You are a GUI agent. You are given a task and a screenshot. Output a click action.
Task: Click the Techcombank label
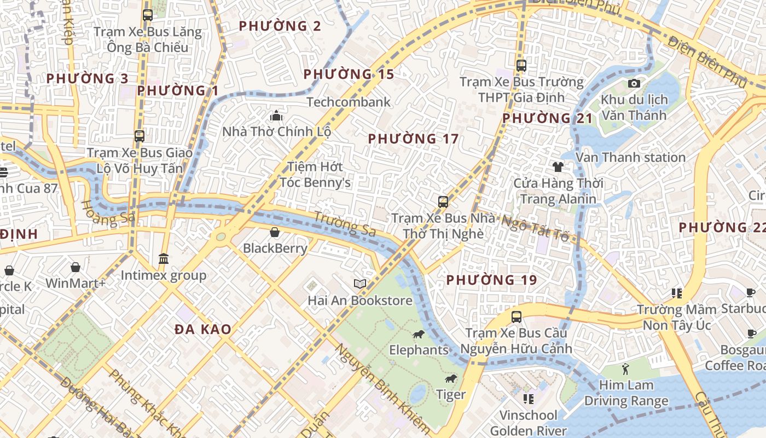tap(349, 102)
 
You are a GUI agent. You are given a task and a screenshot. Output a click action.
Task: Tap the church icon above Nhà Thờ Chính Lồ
tap(276, 116)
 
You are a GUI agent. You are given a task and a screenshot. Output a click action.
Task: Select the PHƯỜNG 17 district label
tap(413, 139)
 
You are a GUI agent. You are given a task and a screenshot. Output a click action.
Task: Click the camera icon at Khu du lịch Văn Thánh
tap(634, 84)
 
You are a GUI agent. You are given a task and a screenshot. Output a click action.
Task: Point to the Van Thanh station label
tap(630, 158)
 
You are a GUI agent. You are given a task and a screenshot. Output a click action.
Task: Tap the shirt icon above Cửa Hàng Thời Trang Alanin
tap(558, 166)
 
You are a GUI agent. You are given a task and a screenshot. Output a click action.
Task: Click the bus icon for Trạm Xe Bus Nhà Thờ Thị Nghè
tap(443, 202)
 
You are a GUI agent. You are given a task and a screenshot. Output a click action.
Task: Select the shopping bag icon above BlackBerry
tap(275, 232)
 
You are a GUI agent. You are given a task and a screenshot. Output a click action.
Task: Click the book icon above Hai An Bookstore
tap(359, 284)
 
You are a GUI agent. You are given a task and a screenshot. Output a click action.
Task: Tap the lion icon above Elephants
tap(419, 334)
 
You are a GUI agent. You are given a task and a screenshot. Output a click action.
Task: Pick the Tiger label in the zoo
tap(451, 394)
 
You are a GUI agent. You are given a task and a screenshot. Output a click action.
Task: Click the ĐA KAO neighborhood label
tap(203, 330)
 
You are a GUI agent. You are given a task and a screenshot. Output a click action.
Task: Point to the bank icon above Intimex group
tap(163, 258)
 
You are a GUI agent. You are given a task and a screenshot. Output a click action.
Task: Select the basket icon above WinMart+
tap(76, 267)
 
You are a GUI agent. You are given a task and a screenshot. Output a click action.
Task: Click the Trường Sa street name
tap(345, 224)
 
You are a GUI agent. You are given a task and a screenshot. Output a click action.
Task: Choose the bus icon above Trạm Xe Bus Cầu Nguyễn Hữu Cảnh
tap(516, 316)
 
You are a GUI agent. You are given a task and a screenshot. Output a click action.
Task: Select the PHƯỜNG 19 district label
tap(491, 280)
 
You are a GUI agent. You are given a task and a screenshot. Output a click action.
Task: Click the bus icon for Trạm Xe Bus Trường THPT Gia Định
tap(521, 66)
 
